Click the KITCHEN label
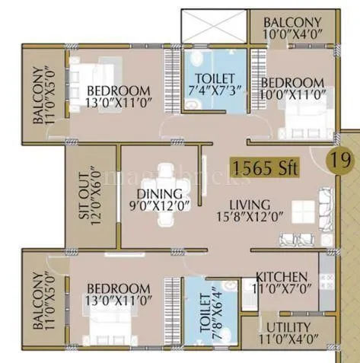tap(282, 276)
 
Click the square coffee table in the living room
tap(304, 212)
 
